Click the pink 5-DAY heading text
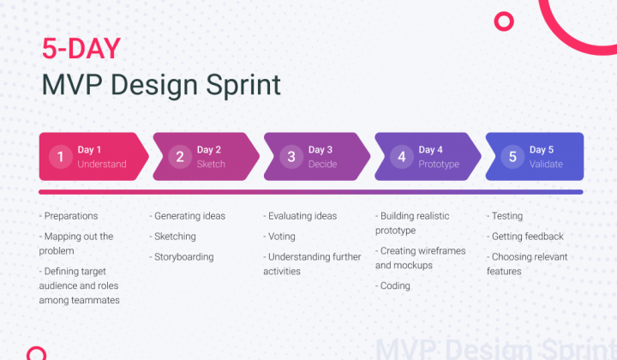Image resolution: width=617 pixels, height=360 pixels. [x=81, y=49]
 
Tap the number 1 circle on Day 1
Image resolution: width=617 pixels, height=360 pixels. [x=60, y=156]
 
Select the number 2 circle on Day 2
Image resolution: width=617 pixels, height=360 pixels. [x=179, y=156]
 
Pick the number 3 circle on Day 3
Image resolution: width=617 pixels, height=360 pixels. [x=291, y=156]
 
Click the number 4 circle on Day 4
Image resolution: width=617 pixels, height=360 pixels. [x=402, y=156]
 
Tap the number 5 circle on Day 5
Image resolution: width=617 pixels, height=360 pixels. [x=512, y=156]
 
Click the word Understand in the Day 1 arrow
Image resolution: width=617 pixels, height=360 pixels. [x=101, y=165]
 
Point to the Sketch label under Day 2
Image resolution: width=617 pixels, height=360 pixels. [x=211, y=165]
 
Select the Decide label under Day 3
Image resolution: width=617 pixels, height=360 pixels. [x=322, y=165]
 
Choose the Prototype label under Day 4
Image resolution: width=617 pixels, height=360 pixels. [x=439, y=165]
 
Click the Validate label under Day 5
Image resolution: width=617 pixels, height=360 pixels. [x=546, y=165]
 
